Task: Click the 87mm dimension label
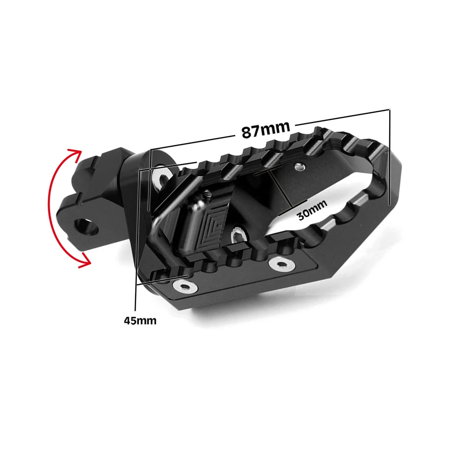[266, 129]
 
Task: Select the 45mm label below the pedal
[140, 320]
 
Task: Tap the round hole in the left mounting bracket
[87, 227]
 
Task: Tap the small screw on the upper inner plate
[299, 166]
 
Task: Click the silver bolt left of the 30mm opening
[239, 233]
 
